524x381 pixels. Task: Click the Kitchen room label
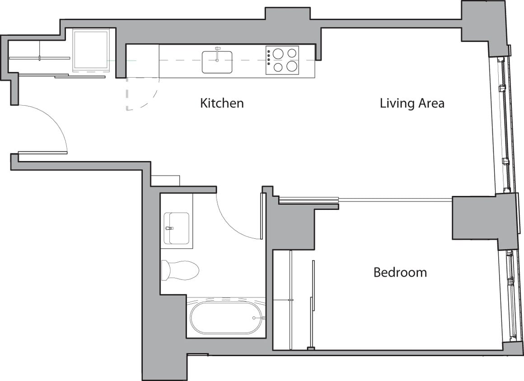222,103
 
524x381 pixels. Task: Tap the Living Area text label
412,103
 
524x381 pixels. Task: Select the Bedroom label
400,272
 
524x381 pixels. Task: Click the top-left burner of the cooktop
278,54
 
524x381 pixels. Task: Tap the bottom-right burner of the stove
292,67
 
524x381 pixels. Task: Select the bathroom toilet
181,270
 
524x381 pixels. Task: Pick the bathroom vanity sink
176,228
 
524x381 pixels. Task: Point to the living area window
503,126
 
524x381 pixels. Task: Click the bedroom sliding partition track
366,199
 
